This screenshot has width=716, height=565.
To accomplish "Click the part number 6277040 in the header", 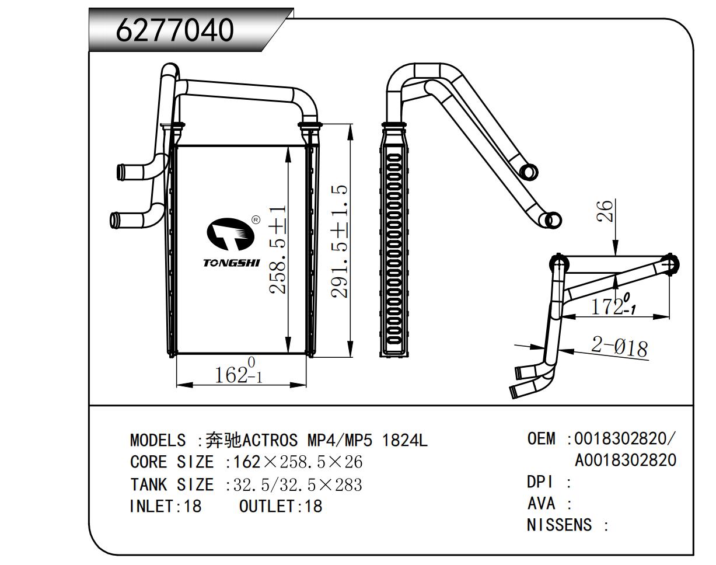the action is click(x=174, y=30).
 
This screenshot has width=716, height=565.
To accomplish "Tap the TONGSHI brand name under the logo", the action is click(x=231, y=263).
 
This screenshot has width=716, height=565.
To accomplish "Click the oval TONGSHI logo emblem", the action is click(x=230, y=234).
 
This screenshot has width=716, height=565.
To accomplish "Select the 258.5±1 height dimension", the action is click(x=278, y=250).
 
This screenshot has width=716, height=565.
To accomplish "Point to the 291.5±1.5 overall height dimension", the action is click(x=340, y=241).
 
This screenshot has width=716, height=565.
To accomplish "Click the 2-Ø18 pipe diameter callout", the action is click(x=620, y=347).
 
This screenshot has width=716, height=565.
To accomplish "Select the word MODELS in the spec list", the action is click(x=158, y=440).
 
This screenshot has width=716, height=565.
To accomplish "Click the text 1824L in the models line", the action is click(x=404, y=440).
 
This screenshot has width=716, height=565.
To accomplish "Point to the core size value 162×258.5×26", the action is click(x=298, y=462).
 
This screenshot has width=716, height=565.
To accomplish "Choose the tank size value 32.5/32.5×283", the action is click(x=298, y=484).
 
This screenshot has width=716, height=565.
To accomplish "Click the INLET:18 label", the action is click(x=165, y=506).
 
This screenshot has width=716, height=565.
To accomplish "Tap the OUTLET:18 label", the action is click(x=281, y=506).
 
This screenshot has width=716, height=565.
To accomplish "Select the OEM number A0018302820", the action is click(x=626, y=460).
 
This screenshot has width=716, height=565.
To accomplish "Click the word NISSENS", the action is click(x=559, y=525).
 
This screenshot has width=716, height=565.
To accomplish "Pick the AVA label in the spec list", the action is click(x=541, y=504).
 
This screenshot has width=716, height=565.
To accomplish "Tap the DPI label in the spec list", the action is click(x=540, y=482).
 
